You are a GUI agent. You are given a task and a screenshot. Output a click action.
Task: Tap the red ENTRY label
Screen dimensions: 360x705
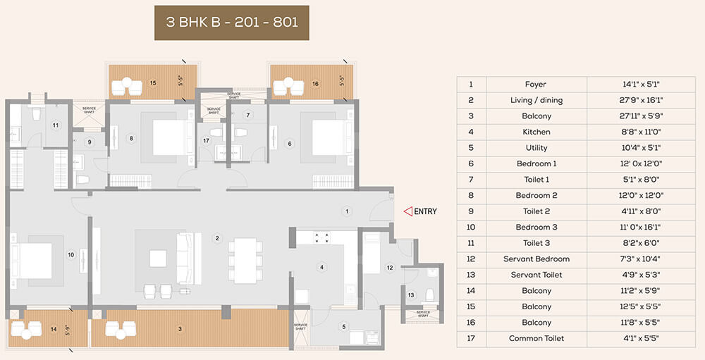(x=425, y=211)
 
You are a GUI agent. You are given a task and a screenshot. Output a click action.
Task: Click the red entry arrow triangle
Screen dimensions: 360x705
(x=407, y=211)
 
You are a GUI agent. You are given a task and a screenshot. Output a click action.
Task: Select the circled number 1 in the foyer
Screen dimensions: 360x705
(x=346, y=210)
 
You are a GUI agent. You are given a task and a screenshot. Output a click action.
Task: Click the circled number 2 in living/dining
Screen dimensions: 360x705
(x=217, y=238)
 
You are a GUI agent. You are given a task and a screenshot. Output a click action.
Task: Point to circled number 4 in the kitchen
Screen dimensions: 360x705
(x=321, y=267)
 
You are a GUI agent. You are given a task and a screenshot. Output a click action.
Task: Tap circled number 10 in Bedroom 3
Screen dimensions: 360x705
(x=70, y=254)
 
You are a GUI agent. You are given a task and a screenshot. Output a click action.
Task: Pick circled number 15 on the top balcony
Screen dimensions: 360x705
(x=153, y=83)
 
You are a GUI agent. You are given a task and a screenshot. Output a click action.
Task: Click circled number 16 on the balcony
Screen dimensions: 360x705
(x=314, y=83)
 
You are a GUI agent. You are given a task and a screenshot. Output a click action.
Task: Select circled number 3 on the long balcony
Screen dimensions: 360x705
(x=180, y=329)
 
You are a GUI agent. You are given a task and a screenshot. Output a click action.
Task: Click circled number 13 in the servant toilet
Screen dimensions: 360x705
(x=411, y=295)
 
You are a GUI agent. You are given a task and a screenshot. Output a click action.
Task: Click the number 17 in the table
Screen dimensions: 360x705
(x=470, y=338)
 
